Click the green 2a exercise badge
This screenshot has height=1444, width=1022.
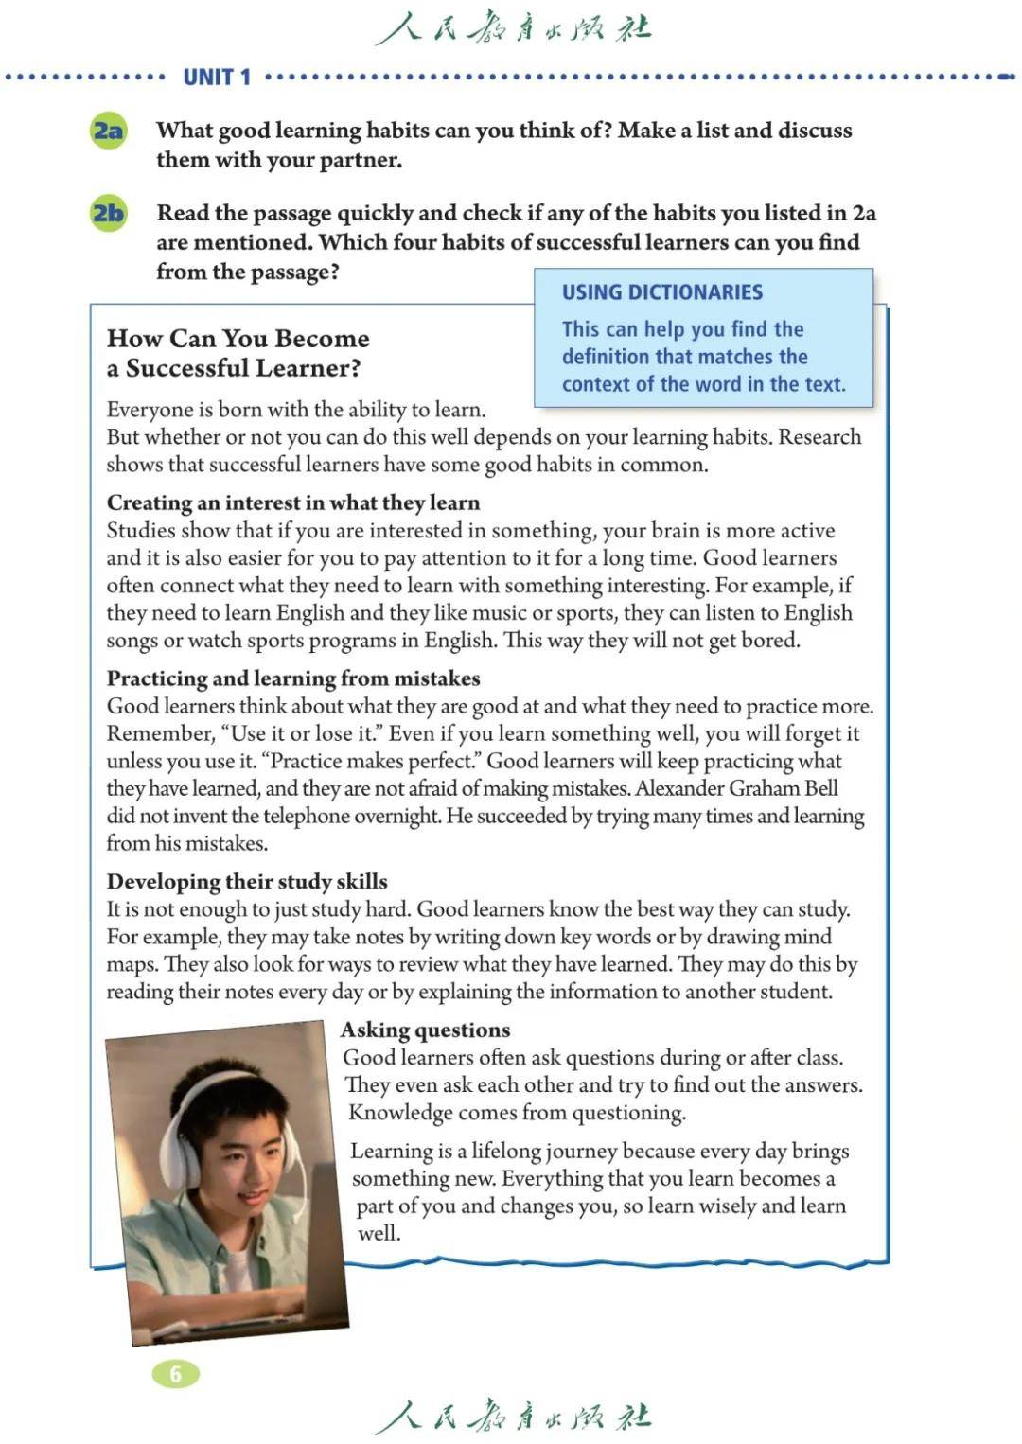tap(108, 130)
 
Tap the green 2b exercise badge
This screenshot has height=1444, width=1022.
tap(108, 213)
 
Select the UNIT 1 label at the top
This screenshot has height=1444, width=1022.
tap(217, 78)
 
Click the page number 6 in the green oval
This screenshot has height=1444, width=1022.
tap(175, 1373)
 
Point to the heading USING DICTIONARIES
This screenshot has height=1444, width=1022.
tap(662, 292)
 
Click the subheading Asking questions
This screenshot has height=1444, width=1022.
tap(425, 1030)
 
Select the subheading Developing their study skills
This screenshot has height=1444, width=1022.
tap(247, 882)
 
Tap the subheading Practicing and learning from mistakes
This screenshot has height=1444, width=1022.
tap(293, 678)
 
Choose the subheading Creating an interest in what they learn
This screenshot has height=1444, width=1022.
tap(293, 502)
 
